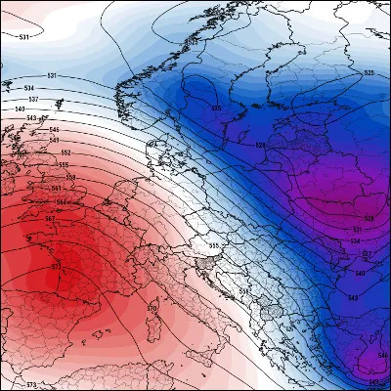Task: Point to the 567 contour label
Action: tap(51, 221)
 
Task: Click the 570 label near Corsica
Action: tap(152, 309)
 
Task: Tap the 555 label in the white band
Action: tap(214, 245)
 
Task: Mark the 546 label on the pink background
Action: tap(54, 129)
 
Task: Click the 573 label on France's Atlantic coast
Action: tap(55, 264)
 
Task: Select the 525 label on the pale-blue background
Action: tap(369, 73)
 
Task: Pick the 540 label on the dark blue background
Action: tap(359, 273)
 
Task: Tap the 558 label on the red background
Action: tap(61, 177)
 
